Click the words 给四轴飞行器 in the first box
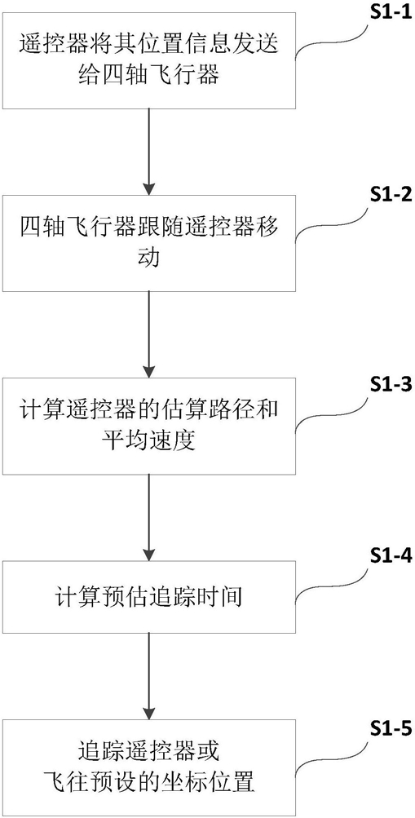point(150,77)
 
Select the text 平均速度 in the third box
point(150,441)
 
